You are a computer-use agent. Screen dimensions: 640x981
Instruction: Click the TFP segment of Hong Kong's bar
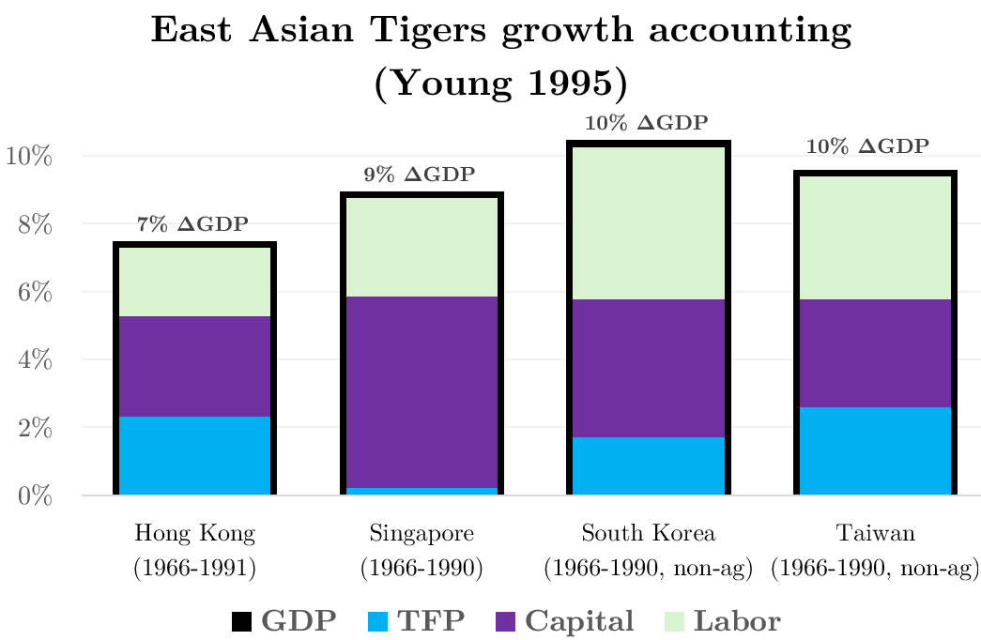click(x=193, y=455)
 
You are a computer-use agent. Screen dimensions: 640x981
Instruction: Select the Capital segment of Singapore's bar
click(x=421, y=391)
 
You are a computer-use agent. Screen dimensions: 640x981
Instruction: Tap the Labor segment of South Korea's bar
click(x=648, y=222)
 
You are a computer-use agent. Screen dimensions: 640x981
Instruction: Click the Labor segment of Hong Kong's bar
click(x=193, y=282)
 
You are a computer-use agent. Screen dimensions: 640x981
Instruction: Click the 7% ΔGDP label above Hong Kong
click(x=193, y=224)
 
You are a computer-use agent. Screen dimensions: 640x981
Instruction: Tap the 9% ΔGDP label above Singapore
click(x=420, y=174)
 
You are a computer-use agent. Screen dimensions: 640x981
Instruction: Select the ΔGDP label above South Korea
click(x=646, y=123)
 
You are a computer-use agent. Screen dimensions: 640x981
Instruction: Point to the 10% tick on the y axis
click(x=29, y=156)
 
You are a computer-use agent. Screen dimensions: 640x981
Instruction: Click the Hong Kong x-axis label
click(x=194, y=535)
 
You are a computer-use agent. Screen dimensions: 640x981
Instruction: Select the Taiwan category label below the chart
click(x=875, y=535)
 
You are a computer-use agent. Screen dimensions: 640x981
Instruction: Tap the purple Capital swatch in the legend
click(x=505, y=621)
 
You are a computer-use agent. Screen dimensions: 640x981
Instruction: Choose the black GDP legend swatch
click(x=241, y=621)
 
